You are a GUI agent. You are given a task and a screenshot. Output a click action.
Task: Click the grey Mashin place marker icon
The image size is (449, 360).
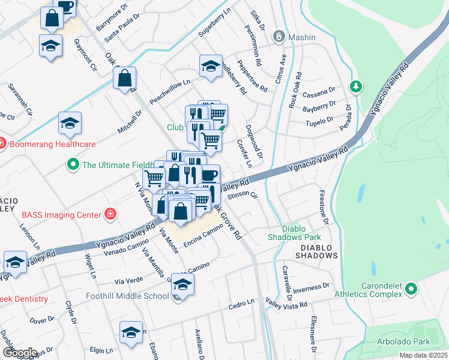click(278, 37)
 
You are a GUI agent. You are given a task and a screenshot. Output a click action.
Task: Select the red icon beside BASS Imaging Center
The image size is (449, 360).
click(110, 214)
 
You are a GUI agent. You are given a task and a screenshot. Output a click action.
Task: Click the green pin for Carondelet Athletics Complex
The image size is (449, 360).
click(411, 290)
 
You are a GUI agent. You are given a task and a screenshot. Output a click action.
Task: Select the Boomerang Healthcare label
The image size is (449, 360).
click(52, 144)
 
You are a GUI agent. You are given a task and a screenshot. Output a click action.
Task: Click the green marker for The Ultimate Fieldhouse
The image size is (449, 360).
click(73, 164)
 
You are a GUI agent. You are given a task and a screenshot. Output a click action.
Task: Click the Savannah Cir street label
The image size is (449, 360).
click(20, 97)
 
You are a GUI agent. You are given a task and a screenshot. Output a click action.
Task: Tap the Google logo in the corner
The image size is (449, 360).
click(20, 352)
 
